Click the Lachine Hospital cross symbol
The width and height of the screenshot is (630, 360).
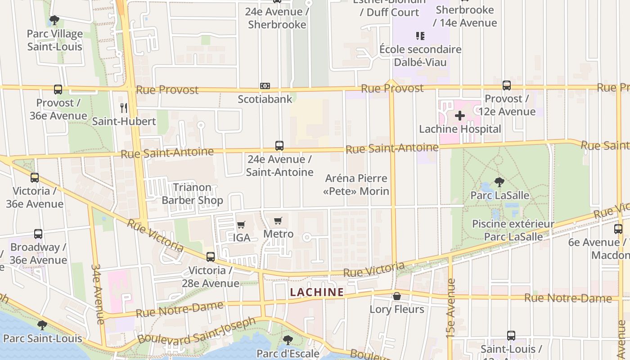(x=459, y=116)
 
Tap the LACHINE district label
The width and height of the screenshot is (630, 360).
(x=317, y=292)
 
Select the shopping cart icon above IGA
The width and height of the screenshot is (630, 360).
(x=241, y=225)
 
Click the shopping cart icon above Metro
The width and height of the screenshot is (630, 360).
(x=278, y=221)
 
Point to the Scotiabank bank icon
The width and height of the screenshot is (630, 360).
(x=265, y=86)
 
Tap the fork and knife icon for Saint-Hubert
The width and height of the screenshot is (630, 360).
(x=124, y=108)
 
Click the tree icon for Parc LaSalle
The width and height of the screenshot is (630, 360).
(x=499, y=182)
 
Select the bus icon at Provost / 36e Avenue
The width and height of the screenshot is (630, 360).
(x=58, y=90)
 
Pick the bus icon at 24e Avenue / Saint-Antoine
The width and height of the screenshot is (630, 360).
(x=279, y=146)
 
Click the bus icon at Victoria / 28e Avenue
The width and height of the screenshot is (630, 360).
(x=210, y=257)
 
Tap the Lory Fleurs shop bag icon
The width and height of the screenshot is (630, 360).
(x=396, y=296)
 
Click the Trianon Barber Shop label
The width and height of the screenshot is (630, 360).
(x=192, y=194)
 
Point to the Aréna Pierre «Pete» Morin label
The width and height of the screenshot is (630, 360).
(x=356, y=185)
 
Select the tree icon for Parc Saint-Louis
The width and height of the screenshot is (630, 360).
(x=42, y=325)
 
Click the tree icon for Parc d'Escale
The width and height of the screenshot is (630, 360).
(x=288, y=340)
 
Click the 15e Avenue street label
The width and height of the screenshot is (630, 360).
(x=451, y=308)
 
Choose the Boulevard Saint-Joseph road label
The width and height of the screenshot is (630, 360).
(x=197, y=330)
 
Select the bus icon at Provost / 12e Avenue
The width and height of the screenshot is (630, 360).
(x=507, y=85)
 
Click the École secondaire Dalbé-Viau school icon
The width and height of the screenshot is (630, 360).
(x=420, y=36)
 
